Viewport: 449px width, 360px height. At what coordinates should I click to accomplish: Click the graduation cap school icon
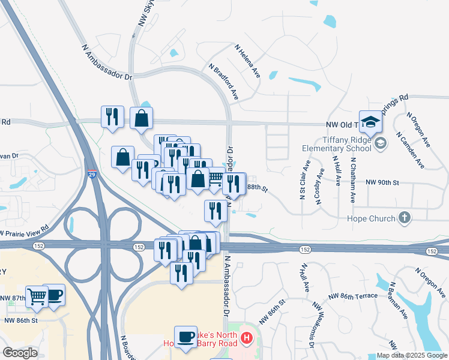[x=370, y=122]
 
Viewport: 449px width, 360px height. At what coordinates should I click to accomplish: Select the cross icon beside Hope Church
[x=405, y=218]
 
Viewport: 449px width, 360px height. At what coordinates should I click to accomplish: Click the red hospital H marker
[x=246, y=340]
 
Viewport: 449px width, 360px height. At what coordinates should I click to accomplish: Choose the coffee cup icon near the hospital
[x=185, y=337]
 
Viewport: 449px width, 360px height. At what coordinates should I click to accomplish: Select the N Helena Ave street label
[x=247, y=61]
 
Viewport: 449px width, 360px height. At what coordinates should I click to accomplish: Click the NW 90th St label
[x=382, y=182]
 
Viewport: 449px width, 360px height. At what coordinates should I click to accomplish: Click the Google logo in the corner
[x=20, y=353]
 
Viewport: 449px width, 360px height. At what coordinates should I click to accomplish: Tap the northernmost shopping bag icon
[x=141, y=118]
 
